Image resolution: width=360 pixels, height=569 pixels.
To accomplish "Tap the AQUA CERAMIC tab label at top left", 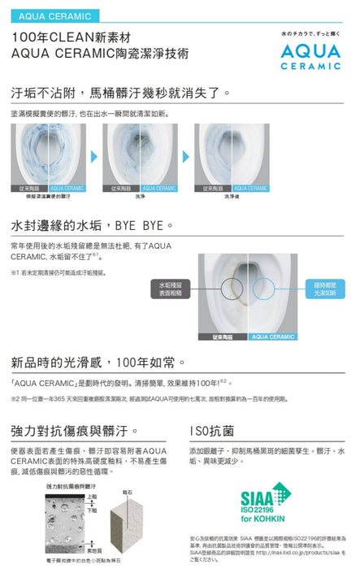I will (46, 15).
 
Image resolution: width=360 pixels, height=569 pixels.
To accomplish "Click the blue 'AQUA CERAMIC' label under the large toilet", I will (273, 336).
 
